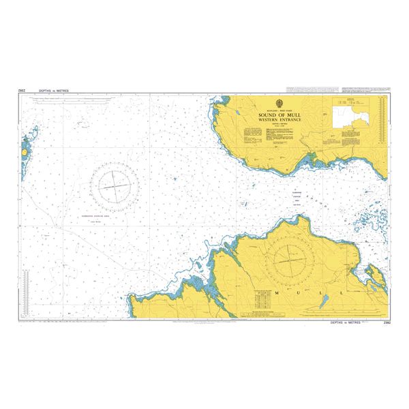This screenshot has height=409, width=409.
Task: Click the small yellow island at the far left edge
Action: click(x=25, y=147)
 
